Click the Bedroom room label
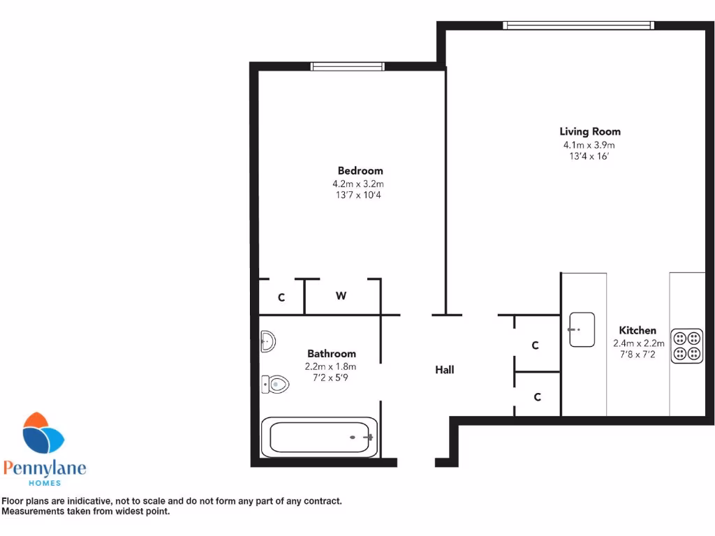[x=360, y=171]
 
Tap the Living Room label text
[x=589, y=131]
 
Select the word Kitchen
[x=637, y=330]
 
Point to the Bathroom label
[x=331, y=354]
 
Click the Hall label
[x=445, y=370]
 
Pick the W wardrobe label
[x=341, y=296]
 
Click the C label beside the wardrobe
[x=281, y=297]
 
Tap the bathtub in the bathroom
[x=320, y=438]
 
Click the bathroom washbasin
[x=267, y=342]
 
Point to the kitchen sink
[x=582, y=329]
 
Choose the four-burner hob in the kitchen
[x=687, y=346]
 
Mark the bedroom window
[x=347, y=67]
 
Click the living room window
[x=578, y=26]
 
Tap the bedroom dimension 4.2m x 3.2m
[x=358, y=184]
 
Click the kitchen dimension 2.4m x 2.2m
[x=636, y=343]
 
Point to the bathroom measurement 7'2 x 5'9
[x=330, y=378]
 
